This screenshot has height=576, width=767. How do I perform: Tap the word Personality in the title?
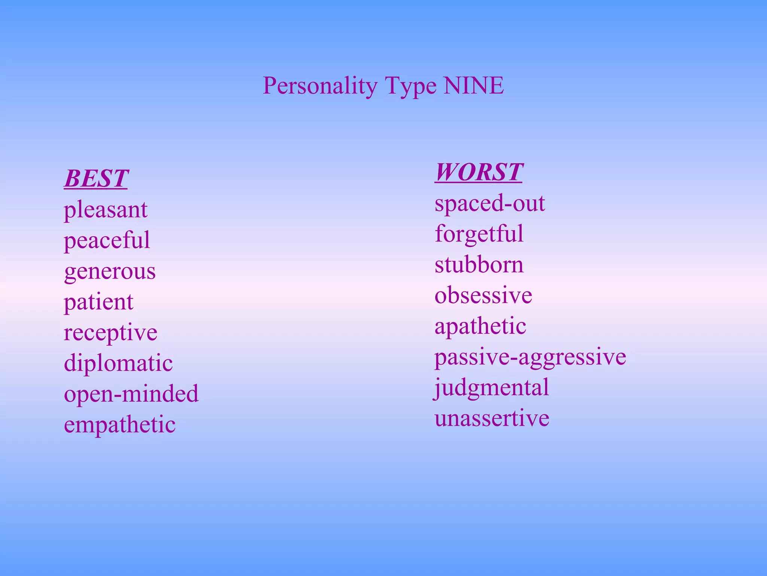(320, 86)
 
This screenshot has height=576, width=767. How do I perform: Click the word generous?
(110, 271)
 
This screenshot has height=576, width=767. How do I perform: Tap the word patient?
(98, 302)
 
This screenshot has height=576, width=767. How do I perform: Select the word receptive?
(110, 333)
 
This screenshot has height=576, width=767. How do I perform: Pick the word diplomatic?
(118, 363)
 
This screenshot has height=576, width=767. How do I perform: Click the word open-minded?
(131, 394)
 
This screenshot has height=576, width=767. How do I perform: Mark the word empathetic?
(120, 424)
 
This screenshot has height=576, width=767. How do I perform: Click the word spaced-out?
(489, 204)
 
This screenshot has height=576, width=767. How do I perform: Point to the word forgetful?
(479, 234)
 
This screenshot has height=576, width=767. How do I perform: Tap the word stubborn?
(479, 264)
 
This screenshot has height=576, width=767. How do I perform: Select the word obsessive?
(483, 295)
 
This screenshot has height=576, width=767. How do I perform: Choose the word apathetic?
(480, 326)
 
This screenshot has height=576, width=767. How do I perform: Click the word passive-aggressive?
(530, 357)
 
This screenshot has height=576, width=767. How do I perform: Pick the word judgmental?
(491, 388)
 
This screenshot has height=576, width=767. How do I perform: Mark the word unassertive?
(492, 418)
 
